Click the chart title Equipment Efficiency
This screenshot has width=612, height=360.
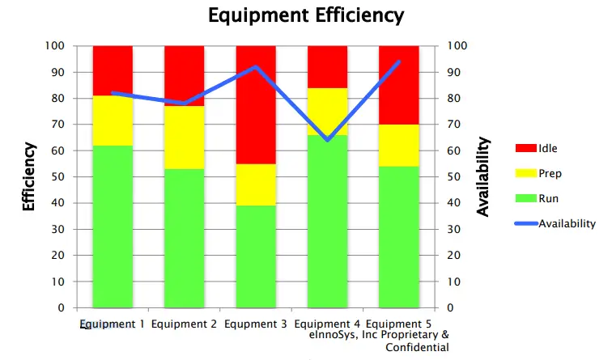tap(305, 15)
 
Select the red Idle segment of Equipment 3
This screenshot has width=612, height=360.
tap(256, 104)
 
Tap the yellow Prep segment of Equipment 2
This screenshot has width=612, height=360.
tap(184, 138)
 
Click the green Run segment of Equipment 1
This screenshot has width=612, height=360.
tap(113, 227)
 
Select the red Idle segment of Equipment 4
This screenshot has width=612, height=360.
tap(328, 66)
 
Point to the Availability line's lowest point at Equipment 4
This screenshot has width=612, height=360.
tap(328, 140)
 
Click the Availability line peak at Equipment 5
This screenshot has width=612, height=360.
tap(399, 61)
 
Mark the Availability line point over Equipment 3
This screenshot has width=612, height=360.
tap(256, 67)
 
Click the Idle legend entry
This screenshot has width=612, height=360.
tap(548, 148)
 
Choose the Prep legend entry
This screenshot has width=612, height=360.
tap(550, 172)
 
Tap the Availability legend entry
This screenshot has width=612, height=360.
tap(567, 223)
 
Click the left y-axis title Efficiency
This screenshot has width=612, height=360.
tap(28, 176)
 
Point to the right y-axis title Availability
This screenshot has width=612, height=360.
tap(483, 176)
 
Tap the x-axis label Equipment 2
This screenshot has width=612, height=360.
tap(184, 324)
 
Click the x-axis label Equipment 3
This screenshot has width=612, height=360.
tap(256, 324)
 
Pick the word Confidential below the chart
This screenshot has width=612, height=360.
tap(417, 347)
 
